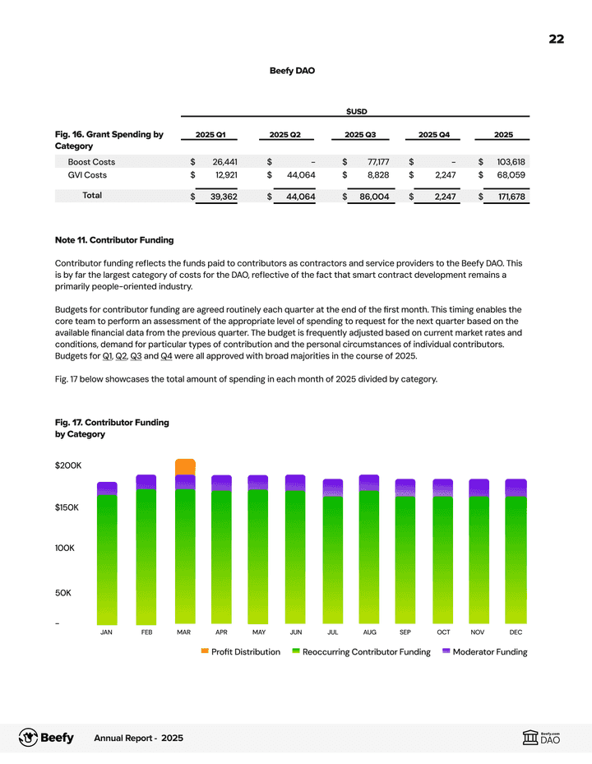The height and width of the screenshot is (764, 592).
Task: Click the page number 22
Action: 557,39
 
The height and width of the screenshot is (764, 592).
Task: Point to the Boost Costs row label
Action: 91,162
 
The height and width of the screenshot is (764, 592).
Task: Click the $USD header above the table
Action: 356,110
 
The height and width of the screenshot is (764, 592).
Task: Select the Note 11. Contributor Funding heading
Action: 114,240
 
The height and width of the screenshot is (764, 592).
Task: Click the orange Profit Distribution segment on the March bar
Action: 185,467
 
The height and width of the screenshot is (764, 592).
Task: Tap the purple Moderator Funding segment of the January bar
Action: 107,488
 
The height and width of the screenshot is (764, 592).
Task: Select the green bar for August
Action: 369,559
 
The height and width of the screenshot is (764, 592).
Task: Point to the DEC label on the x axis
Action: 516,632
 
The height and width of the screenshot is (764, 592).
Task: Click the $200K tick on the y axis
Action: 67,465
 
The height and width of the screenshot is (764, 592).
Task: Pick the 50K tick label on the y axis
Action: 66,592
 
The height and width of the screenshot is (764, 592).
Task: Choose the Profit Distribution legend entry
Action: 240,652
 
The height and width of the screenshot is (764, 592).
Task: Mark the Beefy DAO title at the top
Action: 292,71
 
